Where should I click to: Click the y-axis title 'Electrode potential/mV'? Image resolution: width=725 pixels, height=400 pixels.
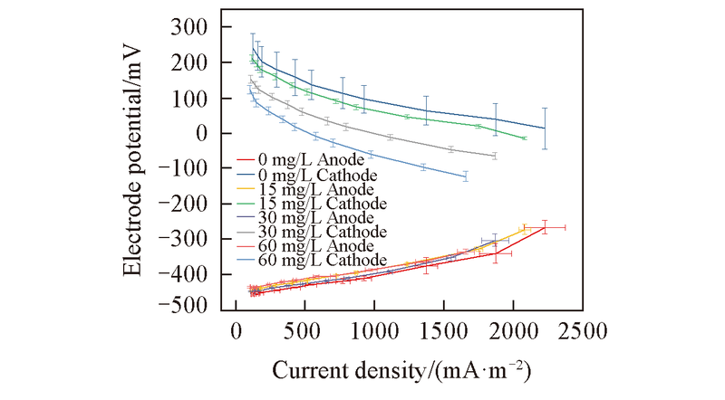(x=132, y=168)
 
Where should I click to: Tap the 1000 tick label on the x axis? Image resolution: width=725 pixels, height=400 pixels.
(x=373, y=333)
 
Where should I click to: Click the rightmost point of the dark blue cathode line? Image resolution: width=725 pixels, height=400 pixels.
(x=545, y=129)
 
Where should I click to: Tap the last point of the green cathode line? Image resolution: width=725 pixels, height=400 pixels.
(x=525, y=138)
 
